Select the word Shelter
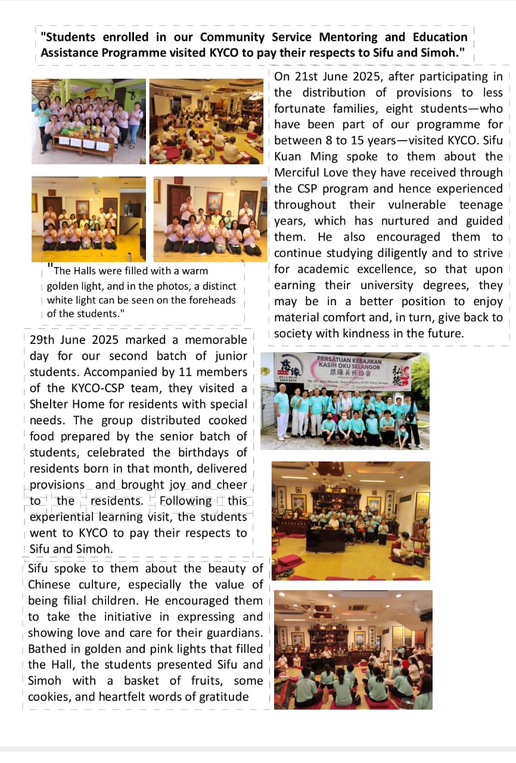(51, 404)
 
